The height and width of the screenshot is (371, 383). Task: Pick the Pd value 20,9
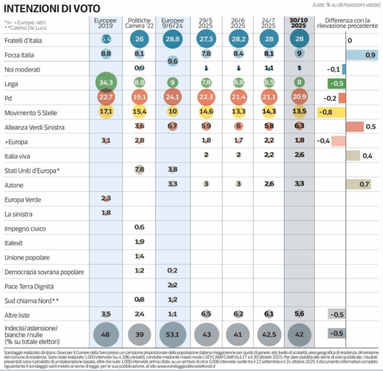pyautogui.click(x=299, y=98)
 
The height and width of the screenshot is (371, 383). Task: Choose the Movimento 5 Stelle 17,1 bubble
pyautogui.click(x=105, y=112)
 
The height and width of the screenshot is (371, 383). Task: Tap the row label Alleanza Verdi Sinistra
pyautogui.click(x=36, y=127)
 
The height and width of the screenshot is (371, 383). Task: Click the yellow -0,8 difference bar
pyautogui.click(x=331, y=112)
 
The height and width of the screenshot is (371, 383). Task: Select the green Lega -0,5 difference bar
pyautogui.click(x=336, y=84)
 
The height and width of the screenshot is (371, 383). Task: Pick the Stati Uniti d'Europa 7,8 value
pyautogui.click(x=139, y=170)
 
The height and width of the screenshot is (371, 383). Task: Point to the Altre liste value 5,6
pyautogui.click(x=299, y=314)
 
